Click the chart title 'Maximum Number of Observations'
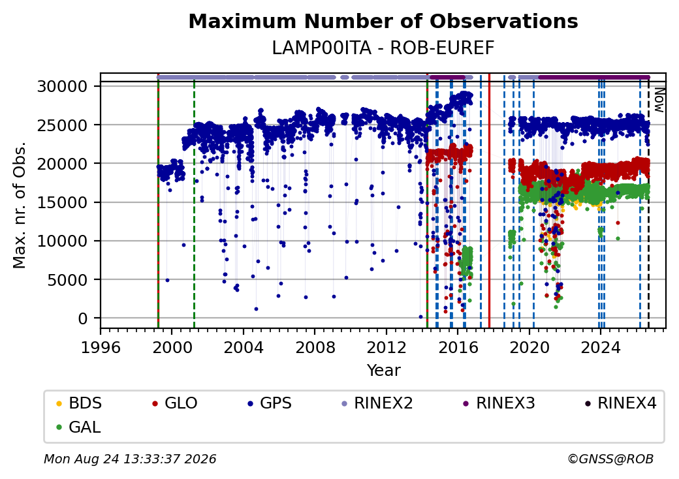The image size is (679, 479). (383, 21)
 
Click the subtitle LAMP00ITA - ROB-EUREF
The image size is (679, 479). (383, 48)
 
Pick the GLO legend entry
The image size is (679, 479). (175, 403)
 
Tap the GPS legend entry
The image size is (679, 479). (270, 403)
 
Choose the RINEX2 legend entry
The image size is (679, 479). (377, 403)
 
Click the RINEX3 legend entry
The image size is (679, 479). (499, 403)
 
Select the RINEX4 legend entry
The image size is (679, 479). (621, 403)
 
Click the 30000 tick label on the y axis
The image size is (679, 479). (63, 87)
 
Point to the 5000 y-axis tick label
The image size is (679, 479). (67, 280)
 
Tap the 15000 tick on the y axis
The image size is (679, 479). (63, 202)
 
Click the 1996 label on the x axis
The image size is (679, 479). (101, 347)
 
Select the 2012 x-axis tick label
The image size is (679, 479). (387, 347)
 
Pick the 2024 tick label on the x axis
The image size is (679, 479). (601, 347)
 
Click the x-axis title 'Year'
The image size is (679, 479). (384, 371)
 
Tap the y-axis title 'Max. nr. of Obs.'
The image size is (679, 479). (20, 205)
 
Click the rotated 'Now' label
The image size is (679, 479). (659, 100)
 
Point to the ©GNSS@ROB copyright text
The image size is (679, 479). (610, 459)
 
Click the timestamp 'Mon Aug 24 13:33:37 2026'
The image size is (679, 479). (130, 459)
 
